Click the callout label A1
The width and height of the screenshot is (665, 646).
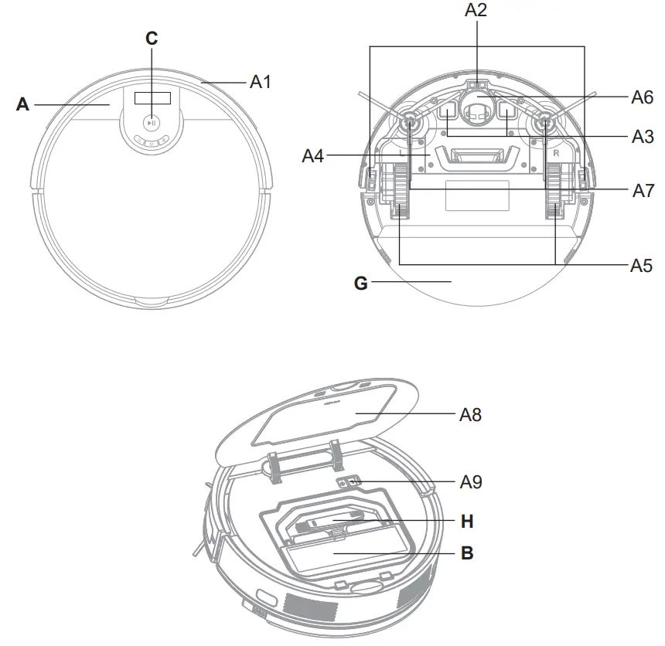click(260, 81)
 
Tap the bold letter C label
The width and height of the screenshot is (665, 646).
click(152, 38)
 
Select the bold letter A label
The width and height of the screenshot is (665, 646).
click(22, 104)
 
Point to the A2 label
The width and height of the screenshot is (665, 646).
click(476, 10)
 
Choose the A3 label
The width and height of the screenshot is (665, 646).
click(643, 136)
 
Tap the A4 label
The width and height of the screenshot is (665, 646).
click(313, 155)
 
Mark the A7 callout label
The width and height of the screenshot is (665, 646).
click(643, 190)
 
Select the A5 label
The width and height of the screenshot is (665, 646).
click(641, 265)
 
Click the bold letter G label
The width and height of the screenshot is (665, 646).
click(360, 283)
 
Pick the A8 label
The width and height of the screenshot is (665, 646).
click(470, 414)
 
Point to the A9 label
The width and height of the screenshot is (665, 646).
click(470, 481)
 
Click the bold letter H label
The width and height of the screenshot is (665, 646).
click(466, 522)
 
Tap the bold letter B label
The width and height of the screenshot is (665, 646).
click(466, 553)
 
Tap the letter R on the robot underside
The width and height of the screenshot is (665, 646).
click(556, 154)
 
